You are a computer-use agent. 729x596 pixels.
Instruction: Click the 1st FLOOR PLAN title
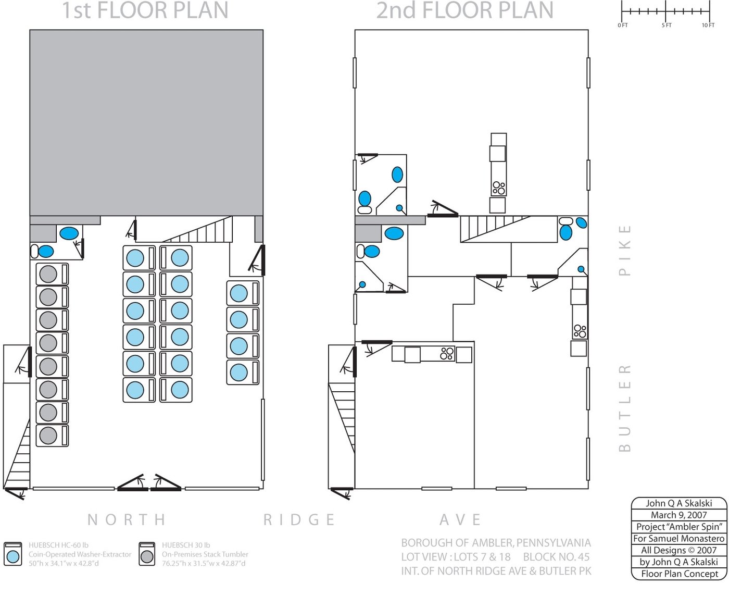pos(145,10)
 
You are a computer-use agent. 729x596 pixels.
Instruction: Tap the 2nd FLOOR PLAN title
pos(464,10)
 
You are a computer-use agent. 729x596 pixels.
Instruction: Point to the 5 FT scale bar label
pos(667,25)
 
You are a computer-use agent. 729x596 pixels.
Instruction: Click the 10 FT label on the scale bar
pos(708,25)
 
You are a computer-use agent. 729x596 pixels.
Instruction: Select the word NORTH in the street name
pos(127,519)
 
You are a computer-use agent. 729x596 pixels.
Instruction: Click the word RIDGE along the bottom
pos(299,519)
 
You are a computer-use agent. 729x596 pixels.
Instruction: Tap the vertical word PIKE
pos(625,251)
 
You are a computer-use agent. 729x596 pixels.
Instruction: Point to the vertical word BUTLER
pos(625,408)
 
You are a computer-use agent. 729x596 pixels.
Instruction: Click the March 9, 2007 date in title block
pos(679,515)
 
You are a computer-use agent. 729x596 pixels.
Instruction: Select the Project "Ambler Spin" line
pos(679,527)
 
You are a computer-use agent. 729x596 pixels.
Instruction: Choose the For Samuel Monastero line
pos(679,539)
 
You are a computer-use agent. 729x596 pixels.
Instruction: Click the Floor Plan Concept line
pos(679,574)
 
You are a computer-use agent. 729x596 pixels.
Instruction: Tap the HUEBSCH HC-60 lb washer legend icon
pos(13,554)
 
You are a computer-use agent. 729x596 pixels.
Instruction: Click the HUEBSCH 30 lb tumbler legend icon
pos(147,554)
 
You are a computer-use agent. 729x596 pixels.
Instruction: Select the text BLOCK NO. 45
pos(556,557)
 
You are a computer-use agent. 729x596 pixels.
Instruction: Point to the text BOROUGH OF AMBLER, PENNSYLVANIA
pos(496,543)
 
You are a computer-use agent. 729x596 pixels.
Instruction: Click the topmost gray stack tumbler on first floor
pos(52,275)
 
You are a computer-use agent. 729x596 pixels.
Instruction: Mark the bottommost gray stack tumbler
pos(52,436)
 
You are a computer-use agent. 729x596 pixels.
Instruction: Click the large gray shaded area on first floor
pos(146,123)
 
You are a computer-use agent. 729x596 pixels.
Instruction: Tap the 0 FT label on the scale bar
pos(623,25)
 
